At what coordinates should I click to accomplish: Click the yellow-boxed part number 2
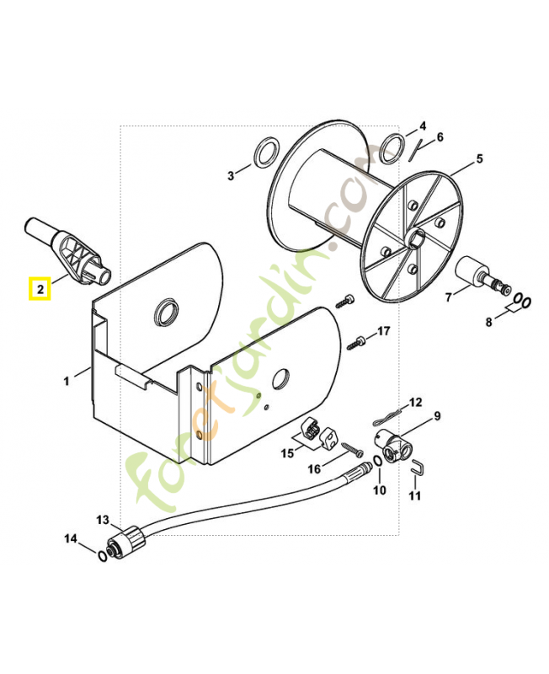click(x=40, y=289)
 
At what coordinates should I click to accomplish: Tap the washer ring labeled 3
click(x=265, y=152)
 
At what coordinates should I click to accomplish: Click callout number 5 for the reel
click(x=479, y=158)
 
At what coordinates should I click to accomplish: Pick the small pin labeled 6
click(x=413, y=151)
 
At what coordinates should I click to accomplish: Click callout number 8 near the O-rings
click(x=488, y=322)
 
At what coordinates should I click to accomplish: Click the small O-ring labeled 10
click(x=376, y=462)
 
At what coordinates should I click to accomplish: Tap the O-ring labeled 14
click(x=102, y=556)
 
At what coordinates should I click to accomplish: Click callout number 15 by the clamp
click(x=287, y=452)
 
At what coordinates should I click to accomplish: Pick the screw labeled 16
click(x=353, y=449)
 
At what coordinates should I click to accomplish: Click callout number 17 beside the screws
click(x=384, y=331)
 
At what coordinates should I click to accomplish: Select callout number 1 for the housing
click(x=67, y=381)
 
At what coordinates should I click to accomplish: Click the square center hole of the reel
click(x=415, y=238)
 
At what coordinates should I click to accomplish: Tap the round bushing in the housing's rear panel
click(x=167, y=311)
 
